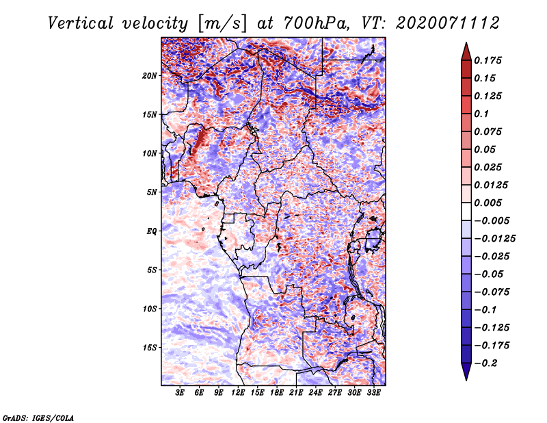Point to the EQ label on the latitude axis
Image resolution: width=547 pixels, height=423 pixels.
152,231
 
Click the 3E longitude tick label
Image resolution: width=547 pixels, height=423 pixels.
180,393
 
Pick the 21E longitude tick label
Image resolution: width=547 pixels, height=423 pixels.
297,393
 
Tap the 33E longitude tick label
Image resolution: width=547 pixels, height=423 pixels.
374,393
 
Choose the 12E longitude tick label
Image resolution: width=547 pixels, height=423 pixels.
238,393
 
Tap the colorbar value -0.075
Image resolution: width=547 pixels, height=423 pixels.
495,292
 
